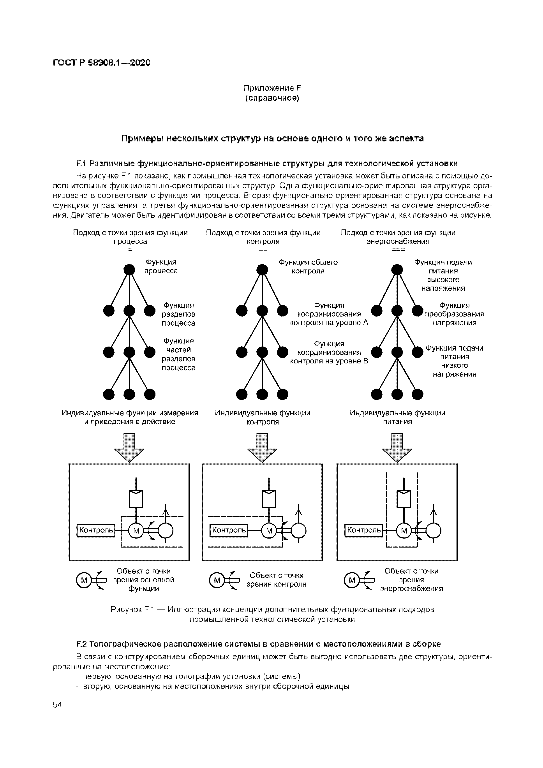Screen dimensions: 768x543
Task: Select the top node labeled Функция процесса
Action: tap(129, 270)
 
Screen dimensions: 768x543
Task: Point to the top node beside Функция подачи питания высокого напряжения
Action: tap(397, 270)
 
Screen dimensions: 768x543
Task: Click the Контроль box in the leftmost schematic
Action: tap(96, 530)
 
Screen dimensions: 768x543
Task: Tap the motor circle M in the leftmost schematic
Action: tap(136, 530)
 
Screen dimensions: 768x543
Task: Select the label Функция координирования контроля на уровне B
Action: tap(329, 352)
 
